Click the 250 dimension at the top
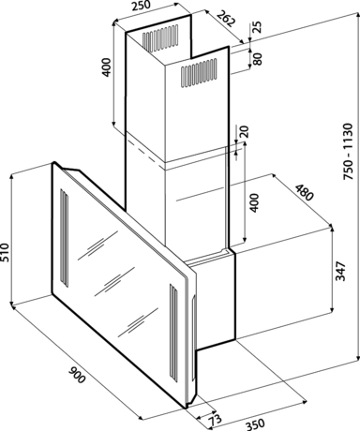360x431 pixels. (x=141, y=6)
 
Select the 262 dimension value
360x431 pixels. (x=226, y=18)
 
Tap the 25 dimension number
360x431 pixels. (x=257, y=27)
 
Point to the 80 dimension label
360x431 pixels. (x=257, y=58)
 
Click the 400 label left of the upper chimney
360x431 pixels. (x=107, y=67)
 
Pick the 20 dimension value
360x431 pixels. (x=245, y=131)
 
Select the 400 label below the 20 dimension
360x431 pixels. (x=255, y=203)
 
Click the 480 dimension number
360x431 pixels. (x=304, y=192)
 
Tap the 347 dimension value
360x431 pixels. (x=340, y=271)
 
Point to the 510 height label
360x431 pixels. (x=6, y=253)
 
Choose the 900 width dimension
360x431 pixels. (x=77, y=375)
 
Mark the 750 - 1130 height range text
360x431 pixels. (x=348, y=152)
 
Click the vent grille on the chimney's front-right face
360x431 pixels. (x=199, y=73)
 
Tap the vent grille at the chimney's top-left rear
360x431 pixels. (x=160, y=38)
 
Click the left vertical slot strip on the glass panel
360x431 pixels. (x=64, y=237)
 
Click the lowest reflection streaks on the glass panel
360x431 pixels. (x=138, y=322)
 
